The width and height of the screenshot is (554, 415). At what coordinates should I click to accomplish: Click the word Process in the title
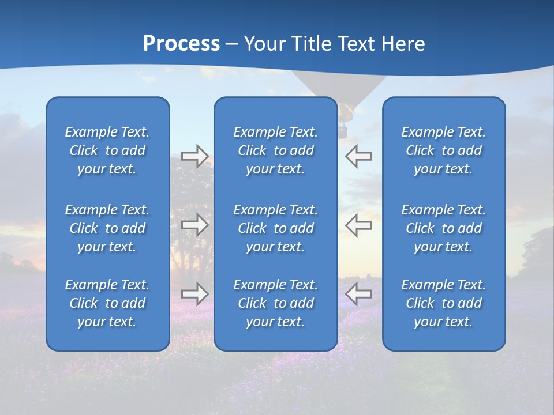pos(181,44)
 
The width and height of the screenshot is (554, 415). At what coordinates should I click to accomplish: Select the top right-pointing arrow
pos(194,156)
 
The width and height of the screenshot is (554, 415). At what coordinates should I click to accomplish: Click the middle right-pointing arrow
pos(194,225)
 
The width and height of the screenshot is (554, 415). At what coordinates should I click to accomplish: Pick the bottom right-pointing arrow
pos(194,294)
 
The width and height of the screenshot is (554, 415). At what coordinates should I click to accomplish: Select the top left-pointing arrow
pos(358,156)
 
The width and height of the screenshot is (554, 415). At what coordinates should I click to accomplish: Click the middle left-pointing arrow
pos(358,225)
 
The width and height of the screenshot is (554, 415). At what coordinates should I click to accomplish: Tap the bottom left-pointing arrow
pos(358,294)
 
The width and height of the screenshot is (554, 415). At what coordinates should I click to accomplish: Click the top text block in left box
pos(107,150)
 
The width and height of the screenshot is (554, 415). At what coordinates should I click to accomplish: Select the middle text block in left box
pos(107,228)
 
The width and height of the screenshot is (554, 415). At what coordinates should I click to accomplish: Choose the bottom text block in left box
pos(107,303)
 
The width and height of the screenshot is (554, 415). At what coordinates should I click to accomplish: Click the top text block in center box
pos(275,150)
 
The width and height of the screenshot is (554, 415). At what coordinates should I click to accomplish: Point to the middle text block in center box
pos(275,228)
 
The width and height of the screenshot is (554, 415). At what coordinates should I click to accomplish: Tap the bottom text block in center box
pos(275,303)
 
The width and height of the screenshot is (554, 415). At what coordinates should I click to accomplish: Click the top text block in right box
pos(443,150)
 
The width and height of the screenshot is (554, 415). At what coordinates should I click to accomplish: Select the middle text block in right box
pos(443,228)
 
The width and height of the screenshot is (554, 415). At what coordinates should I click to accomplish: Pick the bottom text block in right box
pos(443,303)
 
